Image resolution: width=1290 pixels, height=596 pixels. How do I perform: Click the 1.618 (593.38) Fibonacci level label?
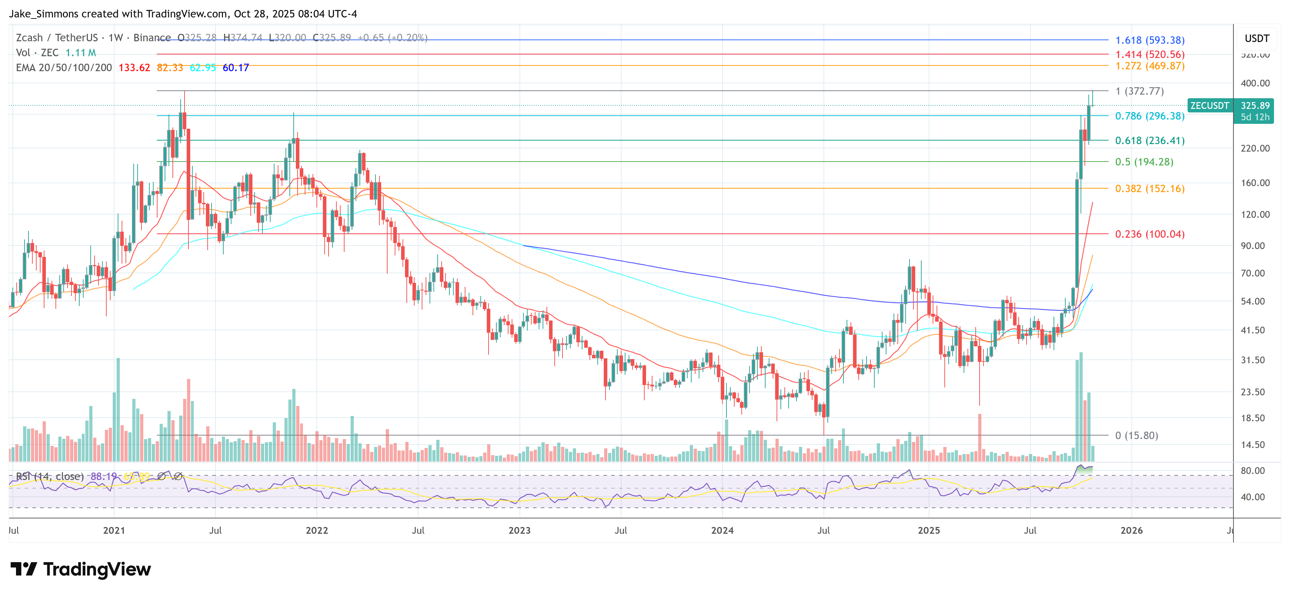click(1149, 40)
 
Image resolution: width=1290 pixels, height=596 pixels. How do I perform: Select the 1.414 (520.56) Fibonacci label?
click(1149, 54)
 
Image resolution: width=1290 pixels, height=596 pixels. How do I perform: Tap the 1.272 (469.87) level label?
click(1149, 66)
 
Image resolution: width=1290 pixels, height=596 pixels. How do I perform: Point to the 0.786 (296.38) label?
click(1149, 116)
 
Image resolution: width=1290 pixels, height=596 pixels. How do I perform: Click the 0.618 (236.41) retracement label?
click(1149, 140)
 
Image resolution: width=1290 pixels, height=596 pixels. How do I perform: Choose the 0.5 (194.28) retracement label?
click(1144, 162)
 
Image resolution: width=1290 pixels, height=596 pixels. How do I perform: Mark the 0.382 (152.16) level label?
click(1149, 189)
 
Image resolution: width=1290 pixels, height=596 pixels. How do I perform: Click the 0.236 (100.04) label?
click(1149, 234)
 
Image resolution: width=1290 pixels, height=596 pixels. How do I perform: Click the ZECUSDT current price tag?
click(1209, 106)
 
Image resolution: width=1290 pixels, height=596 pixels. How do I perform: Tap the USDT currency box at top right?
click(1257, 38)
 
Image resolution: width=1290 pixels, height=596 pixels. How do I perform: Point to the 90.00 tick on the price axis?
click(1255, 246)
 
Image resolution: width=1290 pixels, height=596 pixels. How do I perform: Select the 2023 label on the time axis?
click(519, 530)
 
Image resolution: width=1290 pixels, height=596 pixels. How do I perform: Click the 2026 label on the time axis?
click(1131, 530)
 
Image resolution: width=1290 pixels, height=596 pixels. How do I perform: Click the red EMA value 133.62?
click(134, 68)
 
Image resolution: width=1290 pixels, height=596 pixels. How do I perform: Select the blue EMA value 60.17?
click(235, 68)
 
